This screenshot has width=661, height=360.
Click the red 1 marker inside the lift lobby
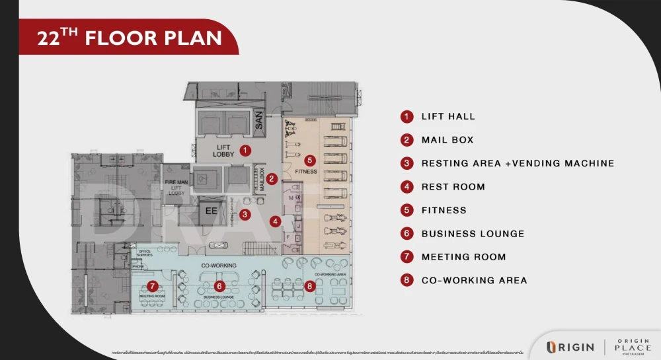pos(245,151)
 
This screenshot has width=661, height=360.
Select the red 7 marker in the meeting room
pos(153,286)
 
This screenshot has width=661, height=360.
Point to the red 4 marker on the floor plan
pos(275,221)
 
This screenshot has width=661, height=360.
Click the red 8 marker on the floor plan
pos(310,286)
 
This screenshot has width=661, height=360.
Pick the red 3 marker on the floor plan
pos(245,214)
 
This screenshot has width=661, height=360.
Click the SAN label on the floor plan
pos(259,120)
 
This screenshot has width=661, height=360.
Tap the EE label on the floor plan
pos(212,212)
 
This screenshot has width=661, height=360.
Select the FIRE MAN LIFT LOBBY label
pos(176,188)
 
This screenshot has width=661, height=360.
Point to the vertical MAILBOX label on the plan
pos(261,178)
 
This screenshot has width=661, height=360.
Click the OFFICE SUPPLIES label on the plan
pos(145,253)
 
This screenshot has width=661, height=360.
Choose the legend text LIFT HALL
pos(448,117)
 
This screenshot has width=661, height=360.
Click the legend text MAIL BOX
pos(447,140)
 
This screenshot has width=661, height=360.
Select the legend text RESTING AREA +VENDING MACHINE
pos(518,163)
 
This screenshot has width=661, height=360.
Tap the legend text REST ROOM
pos(453,187)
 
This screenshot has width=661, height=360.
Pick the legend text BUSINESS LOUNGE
pos(473,234)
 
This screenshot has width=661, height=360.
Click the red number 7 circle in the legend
pos(407,257)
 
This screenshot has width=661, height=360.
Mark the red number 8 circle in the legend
pos(407,280)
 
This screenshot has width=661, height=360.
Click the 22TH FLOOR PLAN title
pos(130,38)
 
